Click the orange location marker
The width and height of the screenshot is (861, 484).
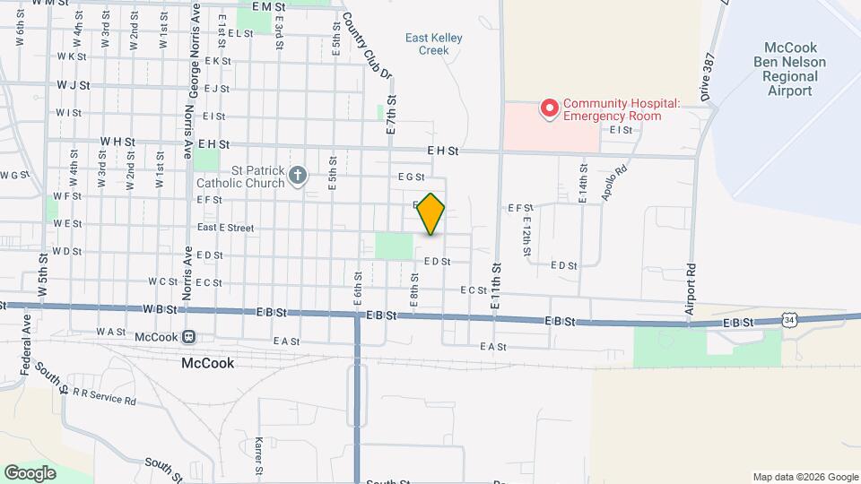point(431,214)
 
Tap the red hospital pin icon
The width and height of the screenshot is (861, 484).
point(548,109)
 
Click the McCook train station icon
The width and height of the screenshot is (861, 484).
point(189,337)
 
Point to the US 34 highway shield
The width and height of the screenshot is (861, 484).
point(787,319)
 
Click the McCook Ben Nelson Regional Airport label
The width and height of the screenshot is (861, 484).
point(790,69)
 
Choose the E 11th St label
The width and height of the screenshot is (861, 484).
point(494,285)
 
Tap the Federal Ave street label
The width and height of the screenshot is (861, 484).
point(26,350)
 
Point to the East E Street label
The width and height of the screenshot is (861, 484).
point(225,228)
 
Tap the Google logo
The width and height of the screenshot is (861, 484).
point(30,472)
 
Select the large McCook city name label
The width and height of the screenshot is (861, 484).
point(207,364)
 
